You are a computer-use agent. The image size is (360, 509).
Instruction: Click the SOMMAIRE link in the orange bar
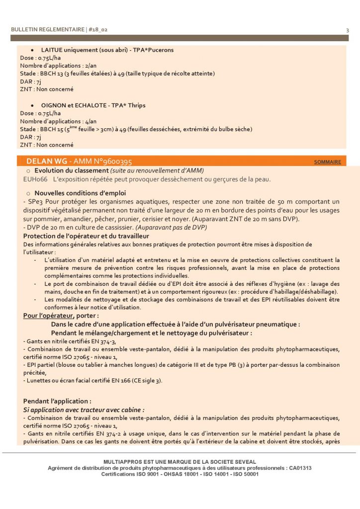327,162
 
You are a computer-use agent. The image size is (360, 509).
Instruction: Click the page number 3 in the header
347,30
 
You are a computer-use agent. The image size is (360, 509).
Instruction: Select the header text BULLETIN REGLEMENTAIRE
48,30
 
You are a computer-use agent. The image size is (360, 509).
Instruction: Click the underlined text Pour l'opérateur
48,316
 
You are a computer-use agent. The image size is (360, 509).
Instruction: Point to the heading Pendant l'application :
57,401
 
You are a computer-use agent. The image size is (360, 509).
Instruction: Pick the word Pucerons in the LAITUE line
160,50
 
